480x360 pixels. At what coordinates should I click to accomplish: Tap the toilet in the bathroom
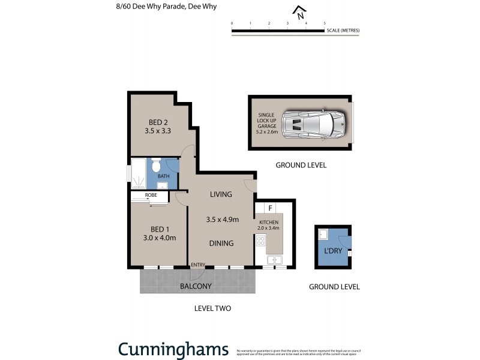156,166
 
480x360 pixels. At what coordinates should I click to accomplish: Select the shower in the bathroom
138,173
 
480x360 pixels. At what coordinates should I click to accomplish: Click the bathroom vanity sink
162,185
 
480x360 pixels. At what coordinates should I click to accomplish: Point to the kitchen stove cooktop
261,241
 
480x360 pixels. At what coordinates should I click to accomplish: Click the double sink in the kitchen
274,260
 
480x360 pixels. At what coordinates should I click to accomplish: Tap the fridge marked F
271,208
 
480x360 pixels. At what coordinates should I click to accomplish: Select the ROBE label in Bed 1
151,196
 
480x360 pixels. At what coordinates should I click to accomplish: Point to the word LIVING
220,194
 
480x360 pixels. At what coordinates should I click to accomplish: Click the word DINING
221,243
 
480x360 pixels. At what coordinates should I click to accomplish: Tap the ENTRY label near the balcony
198,265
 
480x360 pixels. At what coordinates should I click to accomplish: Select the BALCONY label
196,286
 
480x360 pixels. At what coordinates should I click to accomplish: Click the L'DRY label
334,251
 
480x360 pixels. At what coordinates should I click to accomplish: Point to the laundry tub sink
322,234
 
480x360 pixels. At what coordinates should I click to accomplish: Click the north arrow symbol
298,12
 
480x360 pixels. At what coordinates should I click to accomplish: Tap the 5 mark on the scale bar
325,23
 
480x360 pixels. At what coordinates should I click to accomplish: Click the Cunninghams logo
173,349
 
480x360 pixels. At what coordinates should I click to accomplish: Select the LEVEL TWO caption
212,308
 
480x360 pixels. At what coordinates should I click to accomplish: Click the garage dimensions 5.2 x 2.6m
266,131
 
